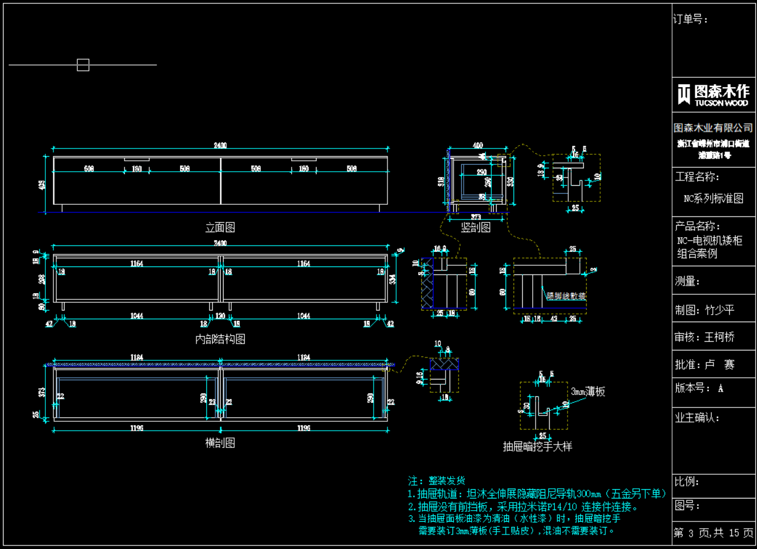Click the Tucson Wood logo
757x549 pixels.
point(713,95)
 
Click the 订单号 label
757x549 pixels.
point(690,20)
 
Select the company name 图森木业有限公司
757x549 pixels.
point(713,128)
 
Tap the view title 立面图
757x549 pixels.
point(220,227)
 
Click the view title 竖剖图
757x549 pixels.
point(476,227)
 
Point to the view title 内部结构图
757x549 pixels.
point(220,339)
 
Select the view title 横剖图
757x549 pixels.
point(220,443)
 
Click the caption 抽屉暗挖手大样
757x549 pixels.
point(537,446)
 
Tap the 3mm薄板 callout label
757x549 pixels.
point(588,392)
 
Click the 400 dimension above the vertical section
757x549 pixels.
point(478,146)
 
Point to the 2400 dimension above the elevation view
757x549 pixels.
point(220,146)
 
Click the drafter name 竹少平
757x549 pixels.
point(720,310)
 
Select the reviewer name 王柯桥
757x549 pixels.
point(720,337)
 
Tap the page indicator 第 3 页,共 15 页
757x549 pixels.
point(713,533)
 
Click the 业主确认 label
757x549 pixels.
point(697,417)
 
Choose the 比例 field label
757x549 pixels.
point(687,482)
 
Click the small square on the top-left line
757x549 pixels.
point(83,65)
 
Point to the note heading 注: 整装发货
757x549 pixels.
point(436,481)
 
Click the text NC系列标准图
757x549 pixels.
point(713,198)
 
